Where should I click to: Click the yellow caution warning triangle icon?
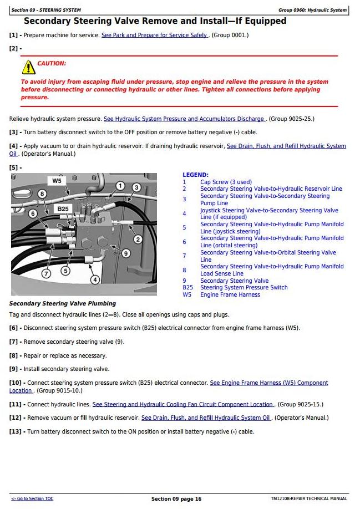[x=28, y=67]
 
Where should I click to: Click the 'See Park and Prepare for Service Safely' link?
[x=154, y=35]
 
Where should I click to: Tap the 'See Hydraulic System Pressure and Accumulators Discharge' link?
[x=185, y=119]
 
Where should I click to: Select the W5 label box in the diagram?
[x=57, y=181]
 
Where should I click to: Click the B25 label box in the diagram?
[x=63, y=209]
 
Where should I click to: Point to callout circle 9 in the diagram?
[x=126, y=253]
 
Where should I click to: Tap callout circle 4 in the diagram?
[x=95, y=279]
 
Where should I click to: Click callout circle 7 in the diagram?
[x=46, y=273]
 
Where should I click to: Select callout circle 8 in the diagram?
[x=42, y=194]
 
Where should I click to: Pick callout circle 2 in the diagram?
[x=138, y=240]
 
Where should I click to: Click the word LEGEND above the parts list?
[x=195, y=175]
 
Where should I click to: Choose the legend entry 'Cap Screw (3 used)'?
[x=226, y=182]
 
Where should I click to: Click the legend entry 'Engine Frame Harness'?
[x=230, y=294]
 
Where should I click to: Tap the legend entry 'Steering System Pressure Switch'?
[x=244, y=287]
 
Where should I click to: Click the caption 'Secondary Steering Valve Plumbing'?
[x=63, y=303]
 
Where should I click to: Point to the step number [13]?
[x=16, y=431]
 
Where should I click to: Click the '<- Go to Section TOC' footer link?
[x=32, y=499]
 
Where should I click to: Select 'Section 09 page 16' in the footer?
[x=176, y=499]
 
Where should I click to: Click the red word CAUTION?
[x=52, y=64]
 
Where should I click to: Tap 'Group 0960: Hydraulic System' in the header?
[x=312, y=10]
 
